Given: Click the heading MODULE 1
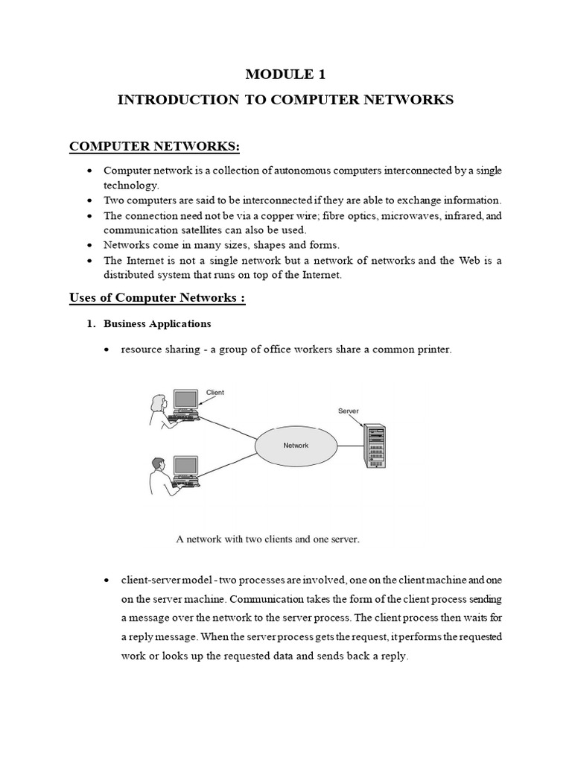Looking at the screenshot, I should [x=285, y=75].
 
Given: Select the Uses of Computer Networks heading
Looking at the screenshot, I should [x=157, y=299].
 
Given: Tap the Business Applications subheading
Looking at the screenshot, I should [x=157, y=324].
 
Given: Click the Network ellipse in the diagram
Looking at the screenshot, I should [x=296, y=446].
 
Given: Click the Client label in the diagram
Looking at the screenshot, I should [x=214, y=392].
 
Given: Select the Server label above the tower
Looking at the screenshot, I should [x=349, y=411].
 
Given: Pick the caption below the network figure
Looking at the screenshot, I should [x=268, y=539].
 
